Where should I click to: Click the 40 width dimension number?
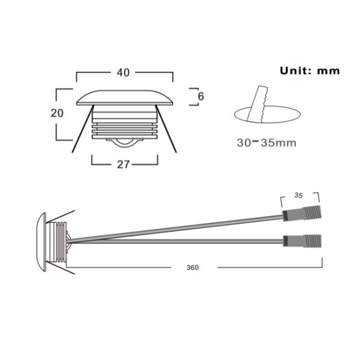pyautogui.click(x=124, y=73)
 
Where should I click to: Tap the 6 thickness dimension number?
pyautogui.click(x=202, y=96)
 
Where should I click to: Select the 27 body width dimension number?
pyautogui.click(x=124, y=164)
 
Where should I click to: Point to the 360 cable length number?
pyautogui.click(x=193, y=266)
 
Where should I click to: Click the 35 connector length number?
pyautogui.click(x=298, y=195)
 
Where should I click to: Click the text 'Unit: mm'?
pyautogui.click(x=310, y=70)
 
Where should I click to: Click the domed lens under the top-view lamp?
pyautogui.click(x=124, y=142)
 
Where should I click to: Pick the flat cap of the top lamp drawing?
pyautogui.click(x=125, y=98)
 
